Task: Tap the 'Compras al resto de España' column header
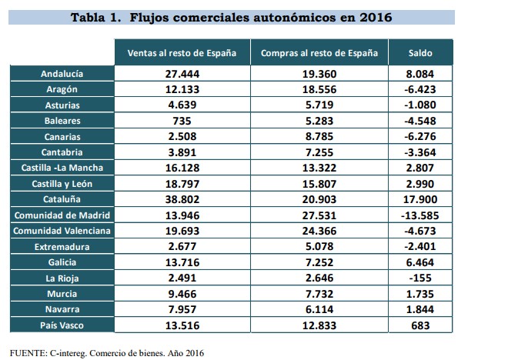pyautogui.click(x=319, y=53)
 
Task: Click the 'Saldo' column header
pyautogui.click(x=420, y=53)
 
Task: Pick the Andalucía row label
pyautogui.click(x=62, y=74)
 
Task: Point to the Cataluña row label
pyautogui.click(x=62, y=200)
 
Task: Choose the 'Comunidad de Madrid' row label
pyautogui.click(x=62, y=215)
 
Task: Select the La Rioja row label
pyautogui.click(x=62, y=278)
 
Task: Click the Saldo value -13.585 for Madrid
pyautogui.click(x=420, y=215)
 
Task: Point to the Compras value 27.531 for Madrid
pyautogui.click(x=319, y=215)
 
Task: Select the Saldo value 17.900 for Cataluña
pyautogui.click(x=420, y=200)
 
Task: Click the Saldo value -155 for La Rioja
pyautogui.click(x=420, y=278)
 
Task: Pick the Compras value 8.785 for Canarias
pyautogui.click(x=319, y=137)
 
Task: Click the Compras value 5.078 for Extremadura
pyautogui.click(x=319, y=247)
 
